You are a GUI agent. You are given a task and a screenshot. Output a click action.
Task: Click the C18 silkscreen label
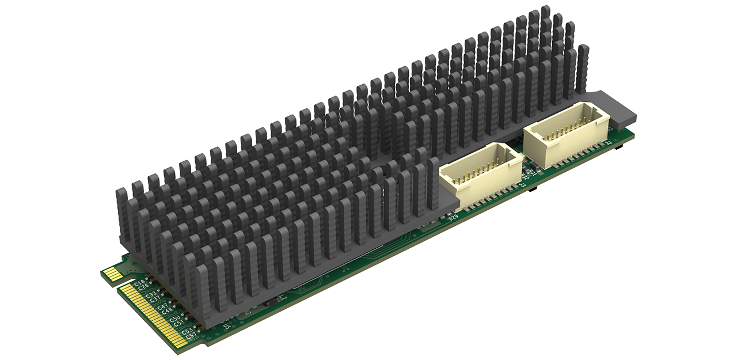[x=139, y=282]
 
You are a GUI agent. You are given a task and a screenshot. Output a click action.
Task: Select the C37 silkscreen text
[x=155, y=299]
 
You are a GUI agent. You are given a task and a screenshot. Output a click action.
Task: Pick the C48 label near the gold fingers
[x=168, y=311]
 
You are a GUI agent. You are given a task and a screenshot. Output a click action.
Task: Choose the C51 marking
[x=178, y=324]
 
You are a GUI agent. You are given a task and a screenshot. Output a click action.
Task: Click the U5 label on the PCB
[x=227, y=326]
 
